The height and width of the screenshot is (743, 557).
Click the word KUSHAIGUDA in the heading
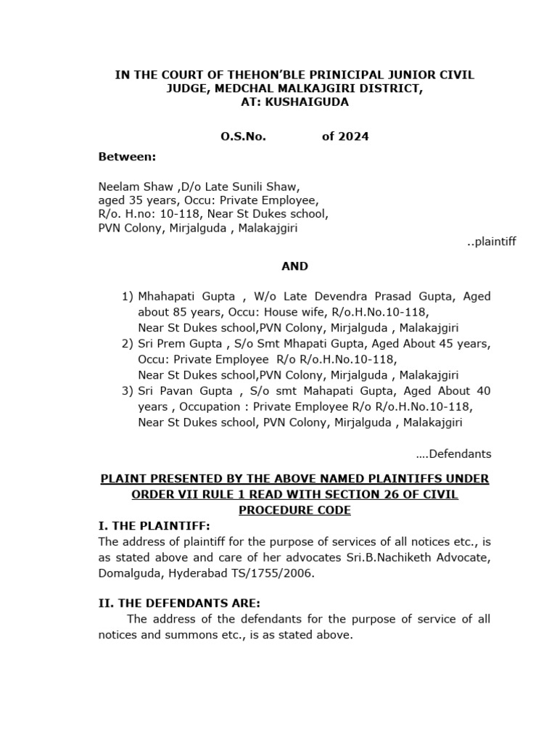pos(309,102)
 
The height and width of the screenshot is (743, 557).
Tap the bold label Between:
pos(127,157)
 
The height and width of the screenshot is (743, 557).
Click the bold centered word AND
pos(294,266)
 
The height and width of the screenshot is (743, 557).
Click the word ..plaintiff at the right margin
pos(491,242)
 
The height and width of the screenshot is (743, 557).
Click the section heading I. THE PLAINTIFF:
pos(154,525)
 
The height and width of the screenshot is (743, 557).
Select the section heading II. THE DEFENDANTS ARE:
pos(179,603)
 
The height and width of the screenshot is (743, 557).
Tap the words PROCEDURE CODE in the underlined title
pos(294,510)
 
